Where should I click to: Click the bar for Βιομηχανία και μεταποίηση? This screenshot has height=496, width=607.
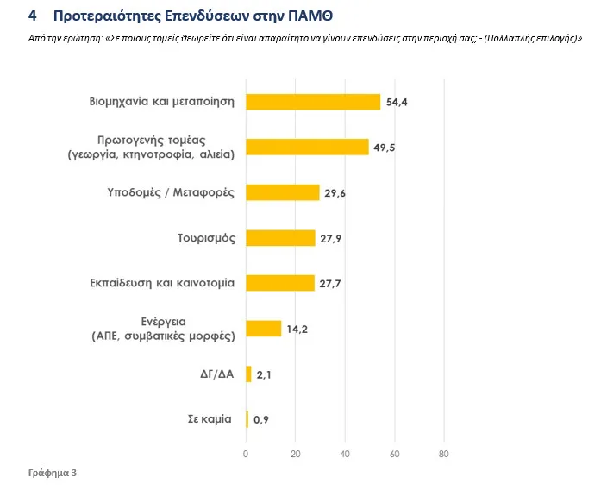click(x=313, y=102)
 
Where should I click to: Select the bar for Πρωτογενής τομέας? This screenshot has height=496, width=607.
click(x=307, y=147)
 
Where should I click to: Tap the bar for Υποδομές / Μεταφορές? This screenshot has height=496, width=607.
click(x=283, y=192)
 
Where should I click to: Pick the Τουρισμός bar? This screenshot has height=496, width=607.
click(x=280, y=237)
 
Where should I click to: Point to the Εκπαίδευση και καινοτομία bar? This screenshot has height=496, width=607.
click(x=280, y=283)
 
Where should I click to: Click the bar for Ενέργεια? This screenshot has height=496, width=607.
click(x=264, y=329)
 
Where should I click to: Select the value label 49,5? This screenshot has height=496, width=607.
click(x=384, y=148)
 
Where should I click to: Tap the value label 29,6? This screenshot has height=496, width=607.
click(x=335, y=192)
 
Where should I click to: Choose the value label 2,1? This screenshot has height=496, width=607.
click(x=264, y=374)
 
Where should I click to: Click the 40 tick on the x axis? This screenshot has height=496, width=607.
click(x=345, y=454)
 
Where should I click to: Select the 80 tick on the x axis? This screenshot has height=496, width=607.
click(x=444, y=454)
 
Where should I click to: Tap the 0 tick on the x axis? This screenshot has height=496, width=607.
click(x=246, y=454)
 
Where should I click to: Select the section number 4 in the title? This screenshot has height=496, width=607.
click(x=32, y=16)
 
